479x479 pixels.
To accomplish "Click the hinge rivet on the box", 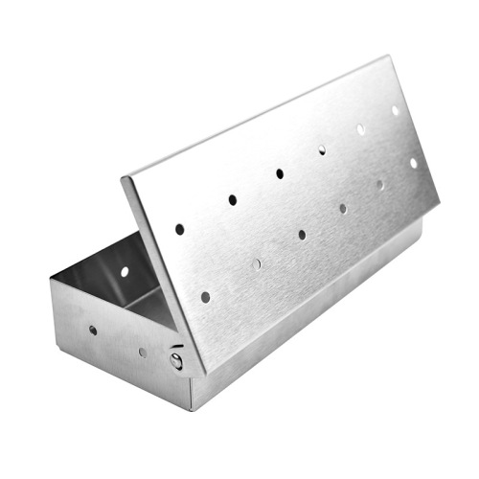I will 176,359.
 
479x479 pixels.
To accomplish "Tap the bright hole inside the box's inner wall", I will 125,271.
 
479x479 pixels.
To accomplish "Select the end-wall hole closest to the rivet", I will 143,352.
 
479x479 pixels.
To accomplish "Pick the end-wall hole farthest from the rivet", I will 93,330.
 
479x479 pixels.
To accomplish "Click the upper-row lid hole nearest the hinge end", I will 179,229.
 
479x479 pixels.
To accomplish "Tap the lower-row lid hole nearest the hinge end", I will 205,297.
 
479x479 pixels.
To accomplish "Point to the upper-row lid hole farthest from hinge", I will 395,110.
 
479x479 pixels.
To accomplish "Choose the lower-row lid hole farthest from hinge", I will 414,163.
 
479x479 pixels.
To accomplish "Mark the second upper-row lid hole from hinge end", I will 232,200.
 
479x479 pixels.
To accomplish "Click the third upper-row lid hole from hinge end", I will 280,173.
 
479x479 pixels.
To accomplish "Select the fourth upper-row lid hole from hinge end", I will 322,149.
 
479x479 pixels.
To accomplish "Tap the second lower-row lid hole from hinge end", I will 256,263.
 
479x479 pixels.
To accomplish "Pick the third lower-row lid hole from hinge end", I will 302,234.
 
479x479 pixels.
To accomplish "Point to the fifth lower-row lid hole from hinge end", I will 379,185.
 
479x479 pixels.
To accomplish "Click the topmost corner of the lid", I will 387,57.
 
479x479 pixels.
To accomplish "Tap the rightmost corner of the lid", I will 440,203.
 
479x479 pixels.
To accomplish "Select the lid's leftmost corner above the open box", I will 122,179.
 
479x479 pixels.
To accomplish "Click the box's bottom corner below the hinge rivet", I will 189,410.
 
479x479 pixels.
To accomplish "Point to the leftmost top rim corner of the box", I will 50,282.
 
